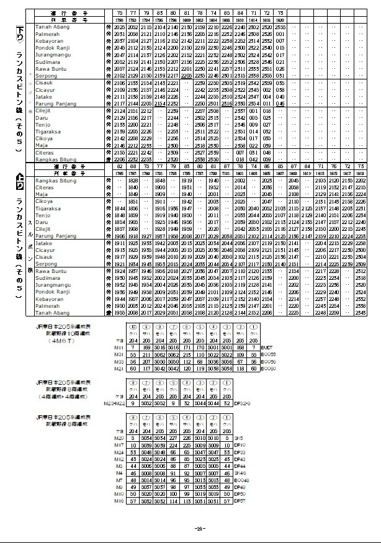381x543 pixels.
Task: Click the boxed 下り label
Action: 20,29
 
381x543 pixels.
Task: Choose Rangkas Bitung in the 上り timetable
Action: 55,181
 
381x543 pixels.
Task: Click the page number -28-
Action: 200,529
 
